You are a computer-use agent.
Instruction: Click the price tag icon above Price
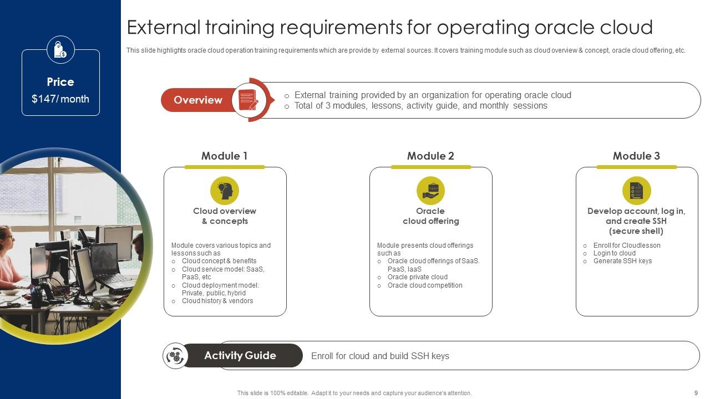[60, 50]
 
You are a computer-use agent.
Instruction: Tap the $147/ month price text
[60, 99]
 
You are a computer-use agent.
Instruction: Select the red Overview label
[198, 100]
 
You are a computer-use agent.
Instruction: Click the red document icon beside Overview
[248, 100]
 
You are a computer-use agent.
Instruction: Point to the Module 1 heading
[225, 156]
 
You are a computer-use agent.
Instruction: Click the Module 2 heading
[430, 156]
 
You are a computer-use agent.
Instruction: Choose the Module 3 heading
[636, 156]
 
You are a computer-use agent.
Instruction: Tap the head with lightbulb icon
[225, 191]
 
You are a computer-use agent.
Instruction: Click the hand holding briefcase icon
[430, 191]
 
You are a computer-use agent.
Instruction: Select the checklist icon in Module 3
[636, 191]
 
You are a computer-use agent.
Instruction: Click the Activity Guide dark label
[240, 356]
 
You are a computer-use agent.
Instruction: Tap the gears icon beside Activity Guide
[176, 356]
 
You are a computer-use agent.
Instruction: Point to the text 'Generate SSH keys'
[622, 261]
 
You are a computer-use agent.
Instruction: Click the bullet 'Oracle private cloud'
[417, 277]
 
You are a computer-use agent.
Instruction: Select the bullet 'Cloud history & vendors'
[217, 301]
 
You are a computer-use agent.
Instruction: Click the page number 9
[696, 393]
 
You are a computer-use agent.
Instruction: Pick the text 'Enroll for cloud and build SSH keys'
[380, 356]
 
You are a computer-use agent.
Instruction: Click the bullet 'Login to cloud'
[614, 253]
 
